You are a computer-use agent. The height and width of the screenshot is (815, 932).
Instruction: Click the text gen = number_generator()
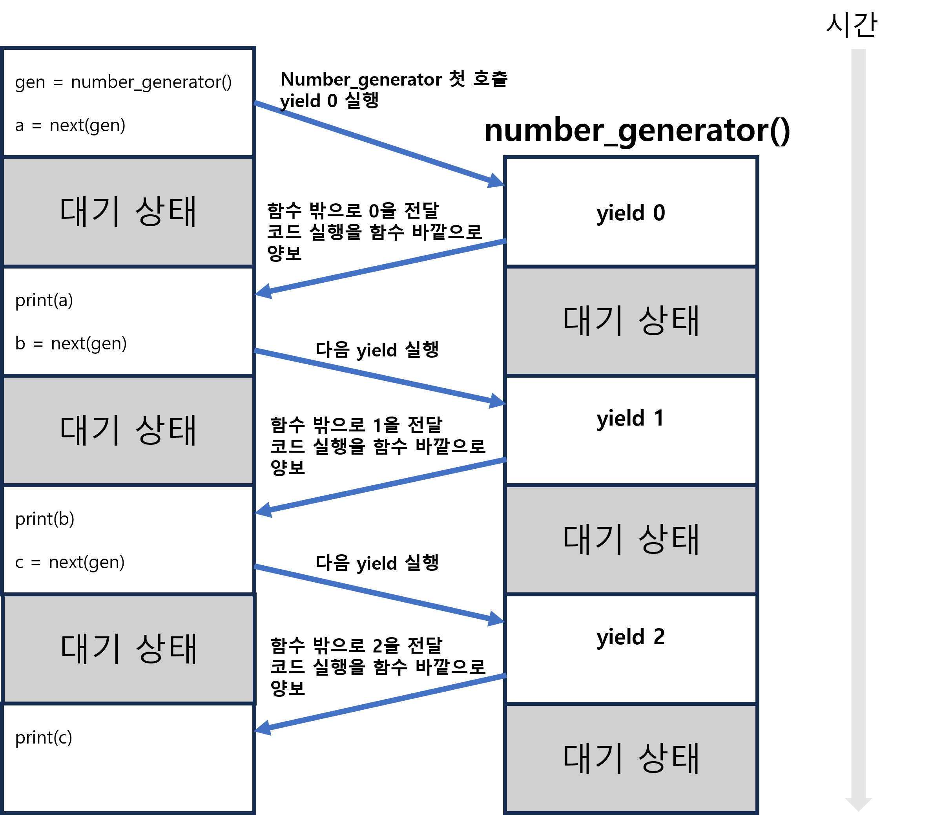click(x=123, y=82)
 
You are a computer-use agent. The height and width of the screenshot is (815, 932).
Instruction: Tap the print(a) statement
click(x=44, y=300)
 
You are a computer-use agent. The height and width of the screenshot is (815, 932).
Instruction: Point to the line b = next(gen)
click(x=71, y=344)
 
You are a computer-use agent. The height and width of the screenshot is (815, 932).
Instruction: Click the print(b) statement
click(x=45, y=519)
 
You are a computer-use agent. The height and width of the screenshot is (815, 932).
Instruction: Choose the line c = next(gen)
click(x=69, y=562)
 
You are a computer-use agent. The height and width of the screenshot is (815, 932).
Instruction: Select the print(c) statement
click(x=44, y=737)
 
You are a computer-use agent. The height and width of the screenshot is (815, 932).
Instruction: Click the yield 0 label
click(x=631, y=213)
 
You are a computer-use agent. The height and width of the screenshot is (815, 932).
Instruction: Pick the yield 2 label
click(x=631, y=637)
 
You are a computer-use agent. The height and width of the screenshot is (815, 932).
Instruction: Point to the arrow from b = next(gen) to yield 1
click(x=379, y=376)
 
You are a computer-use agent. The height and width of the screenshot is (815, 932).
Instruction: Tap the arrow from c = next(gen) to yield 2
click(x=379, y=593)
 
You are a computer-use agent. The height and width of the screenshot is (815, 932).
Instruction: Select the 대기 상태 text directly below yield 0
click(x=631, y=321)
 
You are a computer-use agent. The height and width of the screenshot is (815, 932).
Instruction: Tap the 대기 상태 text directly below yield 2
click(x=631, y=758)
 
